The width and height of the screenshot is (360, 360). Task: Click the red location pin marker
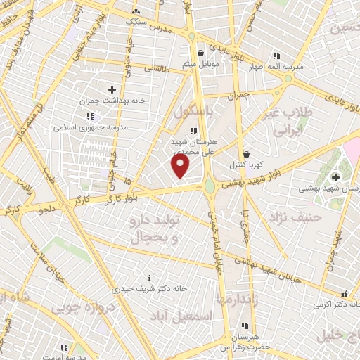pyautogui.click(x=181, y=166)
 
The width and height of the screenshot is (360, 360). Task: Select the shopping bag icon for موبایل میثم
pyautogui.click(x=202, y=53)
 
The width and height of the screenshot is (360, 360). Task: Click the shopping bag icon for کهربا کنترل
pyautogui.click(x=246, y=153)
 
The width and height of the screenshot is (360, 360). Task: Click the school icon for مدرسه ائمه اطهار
pyautogui.click(x=277, y=55)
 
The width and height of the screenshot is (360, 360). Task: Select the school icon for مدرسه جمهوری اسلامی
pyautogui.click(x=89, y=116)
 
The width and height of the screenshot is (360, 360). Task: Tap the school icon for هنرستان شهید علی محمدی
pyautogui.click(x=194, y=130)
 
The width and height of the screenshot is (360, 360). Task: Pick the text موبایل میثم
pyautogui.click(x=203, y=65)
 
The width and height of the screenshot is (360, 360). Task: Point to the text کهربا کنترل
pyautogui.click(x=245, y=165)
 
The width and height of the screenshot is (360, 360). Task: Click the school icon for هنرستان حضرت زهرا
pyautogui.click(x=245, y=326)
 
